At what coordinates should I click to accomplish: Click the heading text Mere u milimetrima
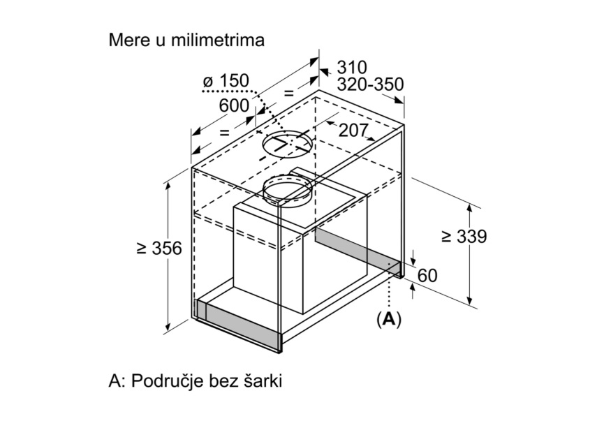[186, 40]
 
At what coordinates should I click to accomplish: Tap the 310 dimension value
[352, 68]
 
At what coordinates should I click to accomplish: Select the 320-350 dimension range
[370, 84]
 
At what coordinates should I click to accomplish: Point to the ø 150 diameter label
[226, 81]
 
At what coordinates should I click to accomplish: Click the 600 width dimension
[234, 105]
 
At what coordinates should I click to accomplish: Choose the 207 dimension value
[353, 131]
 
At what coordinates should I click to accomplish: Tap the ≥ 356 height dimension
[159, 248]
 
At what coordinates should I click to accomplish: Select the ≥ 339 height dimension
[464, 236]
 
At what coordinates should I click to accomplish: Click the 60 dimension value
[427, 275]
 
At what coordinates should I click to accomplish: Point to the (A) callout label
[389, 320]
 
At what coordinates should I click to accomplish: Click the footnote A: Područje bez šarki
[196, 381]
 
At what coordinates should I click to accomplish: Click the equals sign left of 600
[224, 132]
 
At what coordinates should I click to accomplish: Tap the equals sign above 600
[288, 93]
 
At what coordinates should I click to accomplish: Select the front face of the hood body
[268, 260]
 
